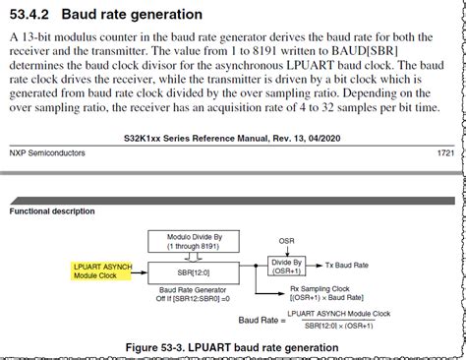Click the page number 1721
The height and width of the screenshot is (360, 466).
click(x=446, y=153)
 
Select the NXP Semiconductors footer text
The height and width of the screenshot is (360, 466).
click(x=47, y=153)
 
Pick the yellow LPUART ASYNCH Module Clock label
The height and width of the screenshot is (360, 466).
click(x=101, y=270)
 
